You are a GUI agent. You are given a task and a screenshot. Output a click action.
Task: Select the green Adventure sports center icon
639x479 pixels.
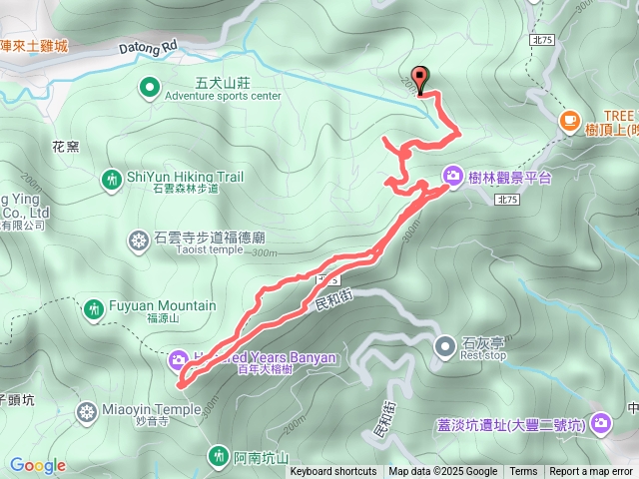coord(149,88)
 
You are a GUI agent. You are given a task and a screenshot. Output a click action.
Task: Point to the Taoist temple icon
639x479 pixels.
coord(138,239)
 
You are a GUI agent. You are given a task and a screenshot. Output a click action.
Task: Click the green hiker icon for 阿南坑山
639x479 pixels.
coord(218,456)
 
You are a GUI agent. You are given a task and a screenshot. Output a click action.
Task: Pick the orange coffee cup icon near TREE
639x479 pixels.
coord(569,121)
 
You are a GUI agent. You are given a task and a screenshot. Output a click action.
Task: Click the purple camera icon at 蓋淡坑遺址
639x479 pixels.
coord(600,424)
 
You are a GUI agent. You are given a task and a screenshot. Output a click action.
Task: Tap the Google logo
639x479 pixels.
coord(37,465)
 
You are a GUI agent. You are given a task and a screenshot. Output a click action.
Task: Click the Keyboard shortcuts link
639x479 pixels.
coord(333,472)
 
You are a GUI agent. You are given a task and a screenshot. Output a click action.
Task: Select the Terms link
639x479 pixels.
coord(523,472)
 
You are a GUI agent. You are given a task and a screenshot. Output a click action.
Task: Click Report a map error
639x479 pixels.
coord(591,472)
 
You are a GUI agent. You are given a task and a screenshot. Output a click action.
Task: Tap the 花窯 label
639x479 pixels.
coord(65,146)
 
